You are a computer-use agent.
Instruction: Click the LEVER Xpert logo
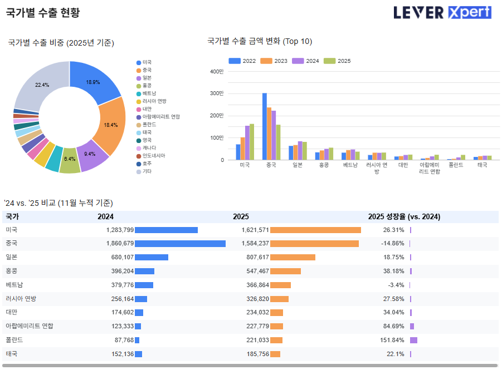click(x=442, y=12)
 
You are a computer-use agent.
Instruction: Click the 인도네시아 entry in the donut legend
click(x=154, y=156)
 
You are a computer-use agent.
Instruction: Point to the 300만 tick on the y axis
click(x=217, y=93)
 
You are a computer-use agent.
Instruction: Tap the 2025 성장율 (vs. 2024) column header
click(x=404, y=217)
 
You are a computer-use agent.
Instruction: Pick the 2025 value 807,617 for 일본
click(x=257, y=257)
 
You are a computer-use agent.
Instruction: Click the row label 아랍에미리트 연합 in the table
click(x=30, y=326)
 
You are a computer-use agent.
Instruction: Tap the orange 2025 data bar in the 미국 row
click(x=315, y=230)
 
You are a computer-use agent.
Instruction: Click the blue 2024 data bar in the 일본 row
click(x=152, y=257)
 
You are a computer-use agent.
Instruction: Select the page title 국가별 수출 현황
click(x=43, y=13)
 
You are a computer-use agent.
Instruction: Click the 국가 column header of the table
click(x=12, y=217)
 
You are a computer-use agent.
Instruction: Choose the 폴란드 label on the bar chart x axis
click(x=456, y=165)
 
